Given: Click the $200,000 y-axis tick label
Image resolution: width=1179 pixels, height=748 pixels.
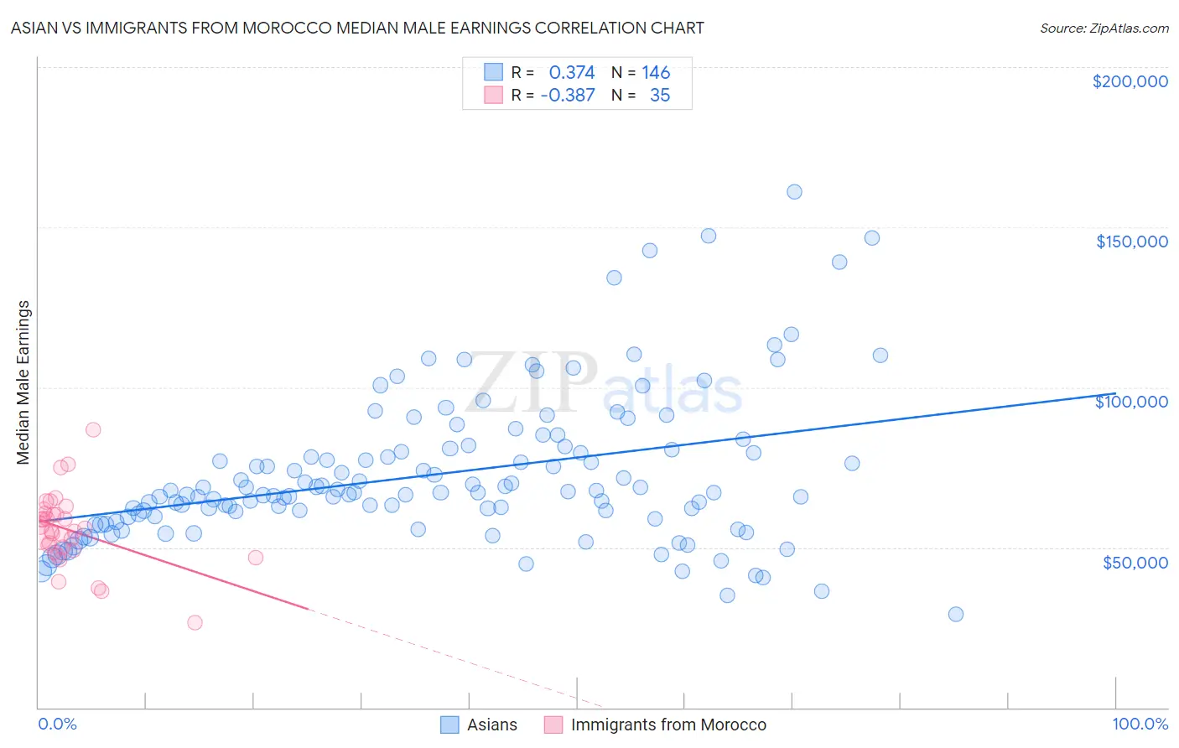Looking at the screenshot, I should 1130,81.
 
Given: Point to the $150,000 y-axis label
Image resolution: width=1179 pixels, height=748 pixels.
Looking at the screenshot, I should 1131,242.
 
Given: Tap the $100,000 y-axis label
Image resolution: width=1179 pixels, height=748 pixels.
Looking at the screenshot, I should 1131,402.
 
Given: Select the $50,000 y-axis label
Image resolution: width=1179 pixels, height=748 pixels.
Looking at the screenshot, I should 1135,562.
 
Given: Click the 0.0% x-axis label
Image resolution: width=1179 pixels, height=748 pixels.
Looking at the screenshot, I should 57,724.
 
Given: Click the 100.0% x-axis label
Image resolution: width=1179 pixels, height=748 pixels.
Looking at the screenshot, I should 1140,724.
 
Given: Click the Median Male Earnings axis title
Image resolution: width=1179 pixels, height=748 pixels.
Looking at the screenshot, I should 23,382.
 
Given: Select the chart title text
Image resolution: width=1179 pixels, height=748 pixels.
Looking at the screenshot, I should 357,28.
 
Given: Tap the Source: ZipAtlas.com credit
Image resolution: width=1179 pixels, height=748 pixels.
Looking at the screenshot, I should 1104,28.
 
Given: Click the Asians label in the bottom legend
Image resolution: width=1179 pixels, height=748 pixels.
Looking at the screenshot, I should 491,725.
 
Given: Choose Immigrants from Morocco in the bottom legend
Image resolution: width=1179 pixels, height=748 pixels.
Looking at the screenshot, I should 668,725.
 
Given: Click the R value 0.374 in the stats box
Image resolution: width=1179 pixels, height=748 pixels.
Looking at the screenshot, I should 571,73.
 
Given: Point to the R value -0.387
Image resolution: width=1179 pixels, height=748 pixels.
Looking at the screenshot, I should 568,96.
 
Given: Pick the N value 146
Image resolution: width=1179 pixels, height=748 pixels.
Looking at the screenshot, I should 656,73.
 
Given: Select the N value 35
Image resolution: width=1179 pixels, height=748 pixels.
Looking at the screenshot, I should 660,96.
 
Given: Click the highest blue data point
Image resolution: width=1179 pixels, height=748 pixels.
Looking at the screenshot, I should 794,192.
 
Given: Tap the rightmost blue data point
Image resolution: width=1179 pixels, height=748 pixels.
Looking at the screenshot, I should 955,614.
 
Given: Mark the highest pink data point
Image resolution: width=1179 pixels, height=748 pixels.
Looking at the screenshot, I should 93,429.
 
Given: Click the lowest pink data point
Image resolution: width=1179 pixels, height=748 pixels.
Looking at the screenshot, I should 195,622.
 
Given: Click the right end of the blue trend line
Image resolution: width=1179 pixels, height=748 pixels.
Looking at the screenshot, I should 1115,393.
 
